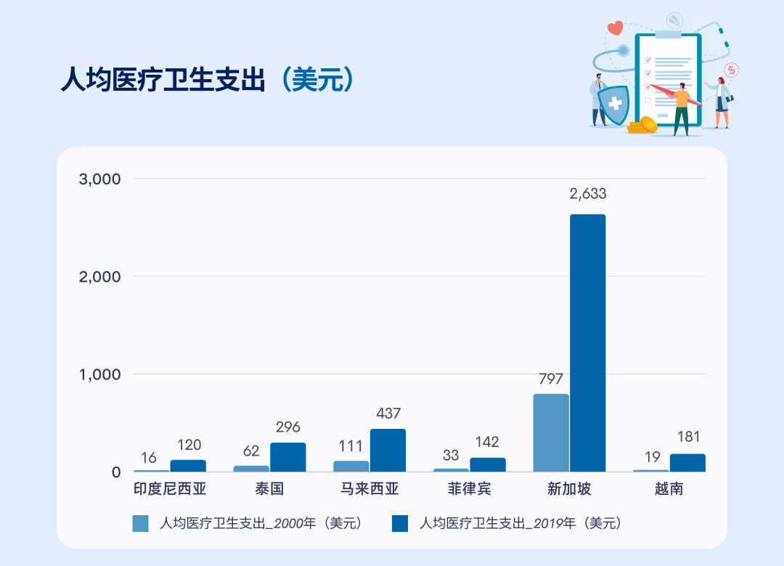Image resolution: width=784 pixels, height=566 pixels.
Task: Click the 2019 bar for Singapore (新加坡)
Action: pos(587,343)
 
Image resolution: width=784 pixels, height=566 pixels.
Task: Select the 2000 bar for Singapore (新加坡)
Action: pos(551,432)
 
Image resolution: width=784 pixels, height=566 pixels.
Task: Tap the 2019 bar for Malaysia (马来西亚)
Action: pos(388,450)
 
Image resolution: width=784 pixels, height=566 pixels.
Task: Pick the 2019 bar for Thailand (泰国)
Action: pos(287,457)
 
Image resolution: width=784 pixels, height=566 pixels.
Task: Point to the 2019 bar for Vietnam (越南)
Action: pos(687,463)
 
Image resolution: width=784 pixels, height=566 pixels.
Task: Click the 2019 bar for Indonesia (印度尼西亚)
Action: pos(188,465)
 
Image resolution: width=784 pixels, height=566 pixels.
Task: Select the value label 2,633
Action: pos(587,194)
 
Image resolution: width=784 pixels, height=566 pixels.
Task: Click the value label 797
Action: pos(551,379)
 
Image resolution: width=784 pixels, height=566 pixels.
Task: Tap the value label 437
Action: pos(388,414)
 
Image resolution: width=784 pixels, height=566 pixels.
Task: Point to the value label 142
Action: pos(487,443)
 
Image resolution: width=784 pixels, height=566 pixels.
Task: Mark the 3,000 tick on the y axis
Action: pos(99,179)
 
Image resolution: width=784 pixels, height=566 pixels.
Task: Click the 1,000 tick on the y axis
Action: pos(99,374)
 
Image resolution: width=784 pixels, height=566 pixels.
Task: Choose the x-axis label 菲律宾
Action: pos(470,489)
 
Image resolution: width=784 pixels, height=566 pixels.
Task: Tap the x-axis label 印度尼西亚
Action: pos(170,489)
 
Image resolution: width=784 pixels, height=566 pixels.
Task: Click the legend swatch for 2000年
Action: pos(140,523)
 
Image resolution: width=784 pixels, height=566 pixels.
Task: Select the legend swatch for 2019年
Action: pos(400,523)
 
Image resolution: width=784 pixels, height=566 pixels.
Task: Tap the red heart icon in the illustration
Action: pos(615,28)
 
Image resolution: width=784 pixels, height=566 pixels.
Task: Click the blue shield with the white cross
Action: pos(616,104)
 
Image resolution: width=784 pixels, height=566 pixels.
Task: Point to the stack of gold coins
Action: pos(642,126)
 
